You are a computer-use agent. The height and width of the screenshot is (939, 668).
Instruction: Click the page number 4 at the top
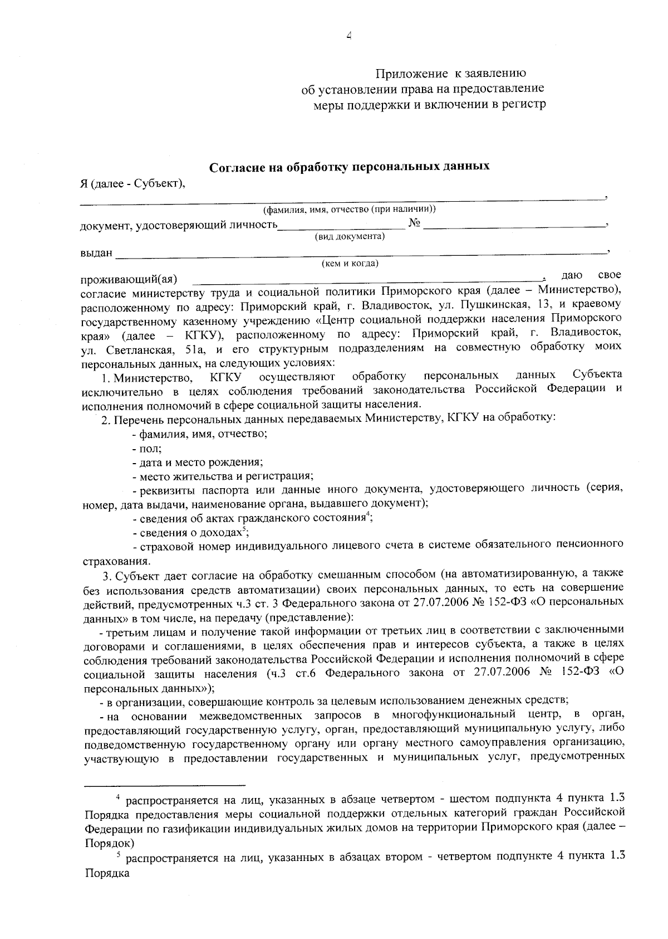[349, 36]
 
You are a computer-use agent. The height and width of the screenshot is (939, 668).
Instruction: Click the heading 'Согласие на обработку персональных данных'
[349, 167]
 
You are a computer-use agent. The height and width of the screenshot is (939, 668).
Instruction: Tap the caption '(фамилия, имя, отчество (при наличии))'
[349, 210]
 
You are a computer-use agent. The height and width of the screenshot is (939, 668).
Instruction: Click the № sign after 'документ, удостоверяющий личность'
[415, 224]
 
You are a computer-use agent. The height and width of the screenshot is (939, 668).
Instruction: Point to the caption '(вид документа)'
[350, 236]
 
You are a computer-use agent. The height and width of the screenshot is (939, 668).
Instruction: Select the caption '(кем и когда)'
[350, 263]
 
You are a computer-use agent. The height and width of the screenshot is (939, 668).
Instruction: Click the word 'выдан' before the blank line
[96, 253]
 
